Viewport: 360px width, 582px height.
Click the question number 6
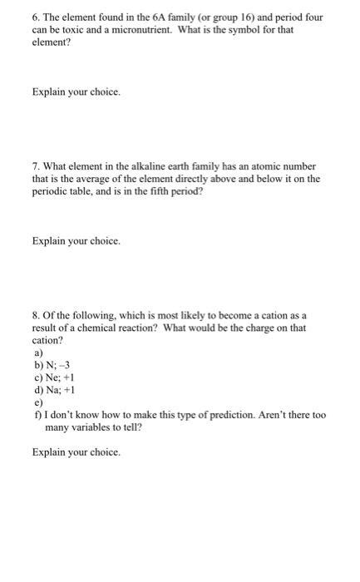click(36, 17)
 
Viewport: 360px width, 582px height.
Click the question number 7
click(36, 166)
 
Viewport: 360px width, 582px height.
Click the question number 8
click(36, 316)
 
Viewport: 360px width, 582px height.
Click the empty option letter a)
click(37, 353)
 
